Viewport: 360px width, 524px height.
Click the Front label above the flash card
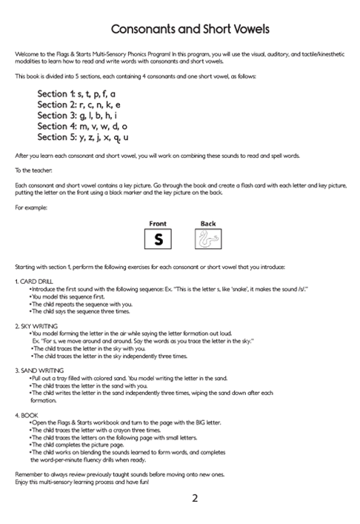tap(158, 223)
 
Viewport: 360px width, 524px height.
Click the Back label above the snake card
tap(207, 223)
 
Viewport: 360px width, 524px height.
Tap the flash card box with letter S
tap(158, 240)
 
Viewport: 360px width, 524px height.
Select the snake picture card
tap(207, 240)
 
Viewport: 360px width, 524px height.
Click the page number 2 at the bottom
tap(194, 498)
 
